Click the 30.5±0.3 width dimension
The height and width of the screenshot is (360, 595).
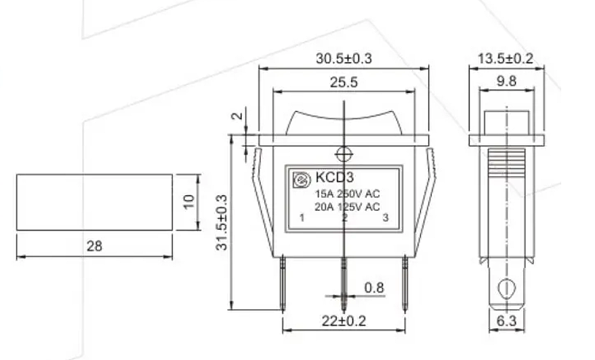click(x=344, y=59)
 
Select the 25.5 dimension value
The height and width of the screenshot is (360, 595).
click(x=344, y=83)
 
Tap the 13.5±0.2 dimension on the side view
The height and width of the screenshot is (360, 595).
click(x=505, y=59)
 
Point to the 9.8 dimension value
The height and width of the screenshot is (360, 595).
click(x=507, y=81)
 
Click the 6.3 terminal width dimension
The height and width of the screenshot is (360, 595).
click(x=507, y=321)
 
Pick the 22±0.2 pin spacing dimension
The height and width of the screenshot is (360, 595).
click(x=344, y=321)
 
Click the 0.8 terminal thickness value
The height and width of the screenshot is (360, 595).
click(x=374, y=288)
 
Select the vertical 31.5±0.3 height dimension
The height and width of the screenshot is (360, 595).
click(x=222, y=222)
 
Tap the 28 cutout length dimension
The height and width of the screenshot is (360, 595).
click(x=94, y=246)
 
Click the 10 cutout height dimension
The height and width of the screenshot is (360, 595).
click(x=188, y=201)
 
